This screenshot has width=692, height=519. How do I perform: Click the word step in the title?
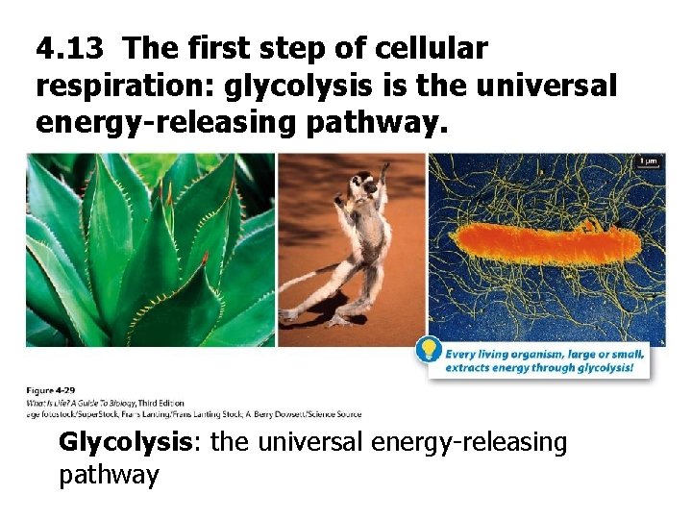click(x=295, y=47)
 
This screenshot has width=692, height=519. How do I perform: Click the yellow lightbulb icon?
click(x=428, y=351)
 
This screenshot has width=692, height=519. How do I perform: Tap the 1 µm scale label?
click(x=650, y=161)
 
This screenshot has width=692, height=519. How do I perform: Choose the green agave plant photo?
click(x=150, y=250)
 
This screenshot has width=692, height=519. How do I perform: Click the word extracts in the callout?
click(x=468, y=368)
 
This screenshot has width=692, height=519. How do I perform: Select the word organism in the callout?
click(x=536, y=353)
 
